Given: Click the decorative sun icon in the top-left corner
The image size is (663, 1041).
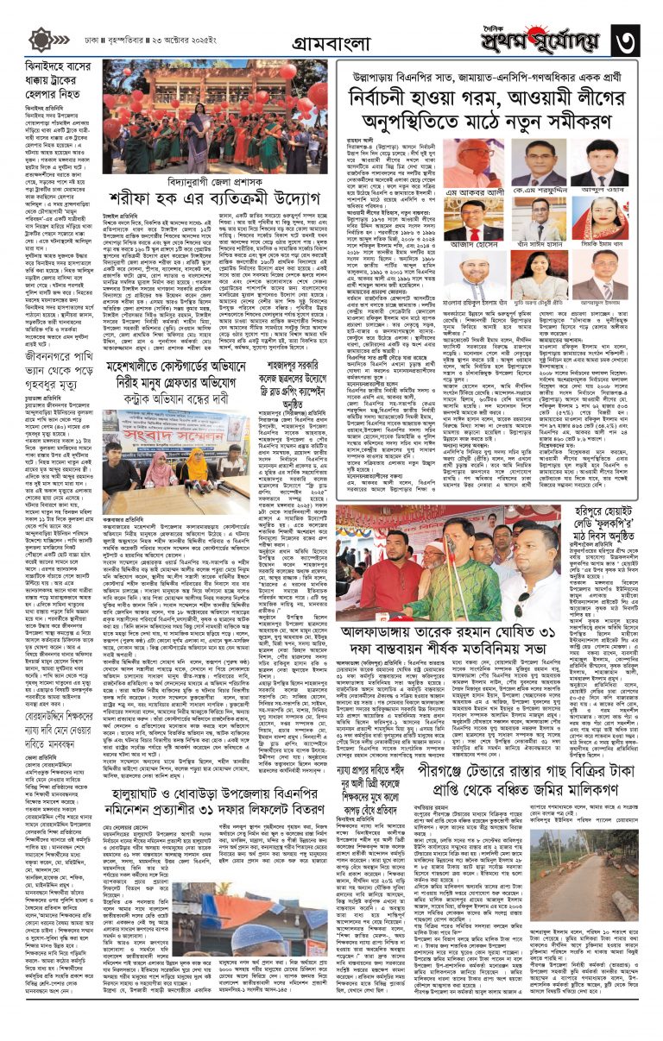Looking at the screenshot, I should tap(40, 41).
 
